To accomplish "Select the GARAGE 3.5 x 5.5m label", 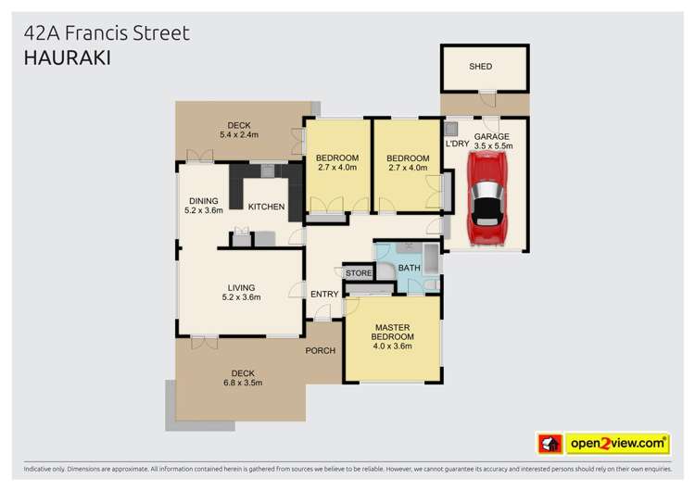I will pos(492,141).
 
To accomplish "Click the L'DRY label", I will pos(456,145).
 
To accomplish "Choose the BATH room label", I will pos(409,268).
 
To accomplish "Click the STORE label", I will pos(359,273).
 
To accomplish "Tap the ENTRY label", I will pos(323,295).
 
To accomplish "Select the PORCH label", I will pos(321,351).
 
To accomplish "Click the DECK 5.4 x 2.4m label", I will pos(239,131).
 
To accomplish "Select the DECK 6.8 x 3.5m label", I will pos(243,378).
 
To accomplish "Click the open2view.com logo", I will pos(605,443).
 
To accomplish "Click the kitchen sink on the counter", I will pos(267,170).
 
